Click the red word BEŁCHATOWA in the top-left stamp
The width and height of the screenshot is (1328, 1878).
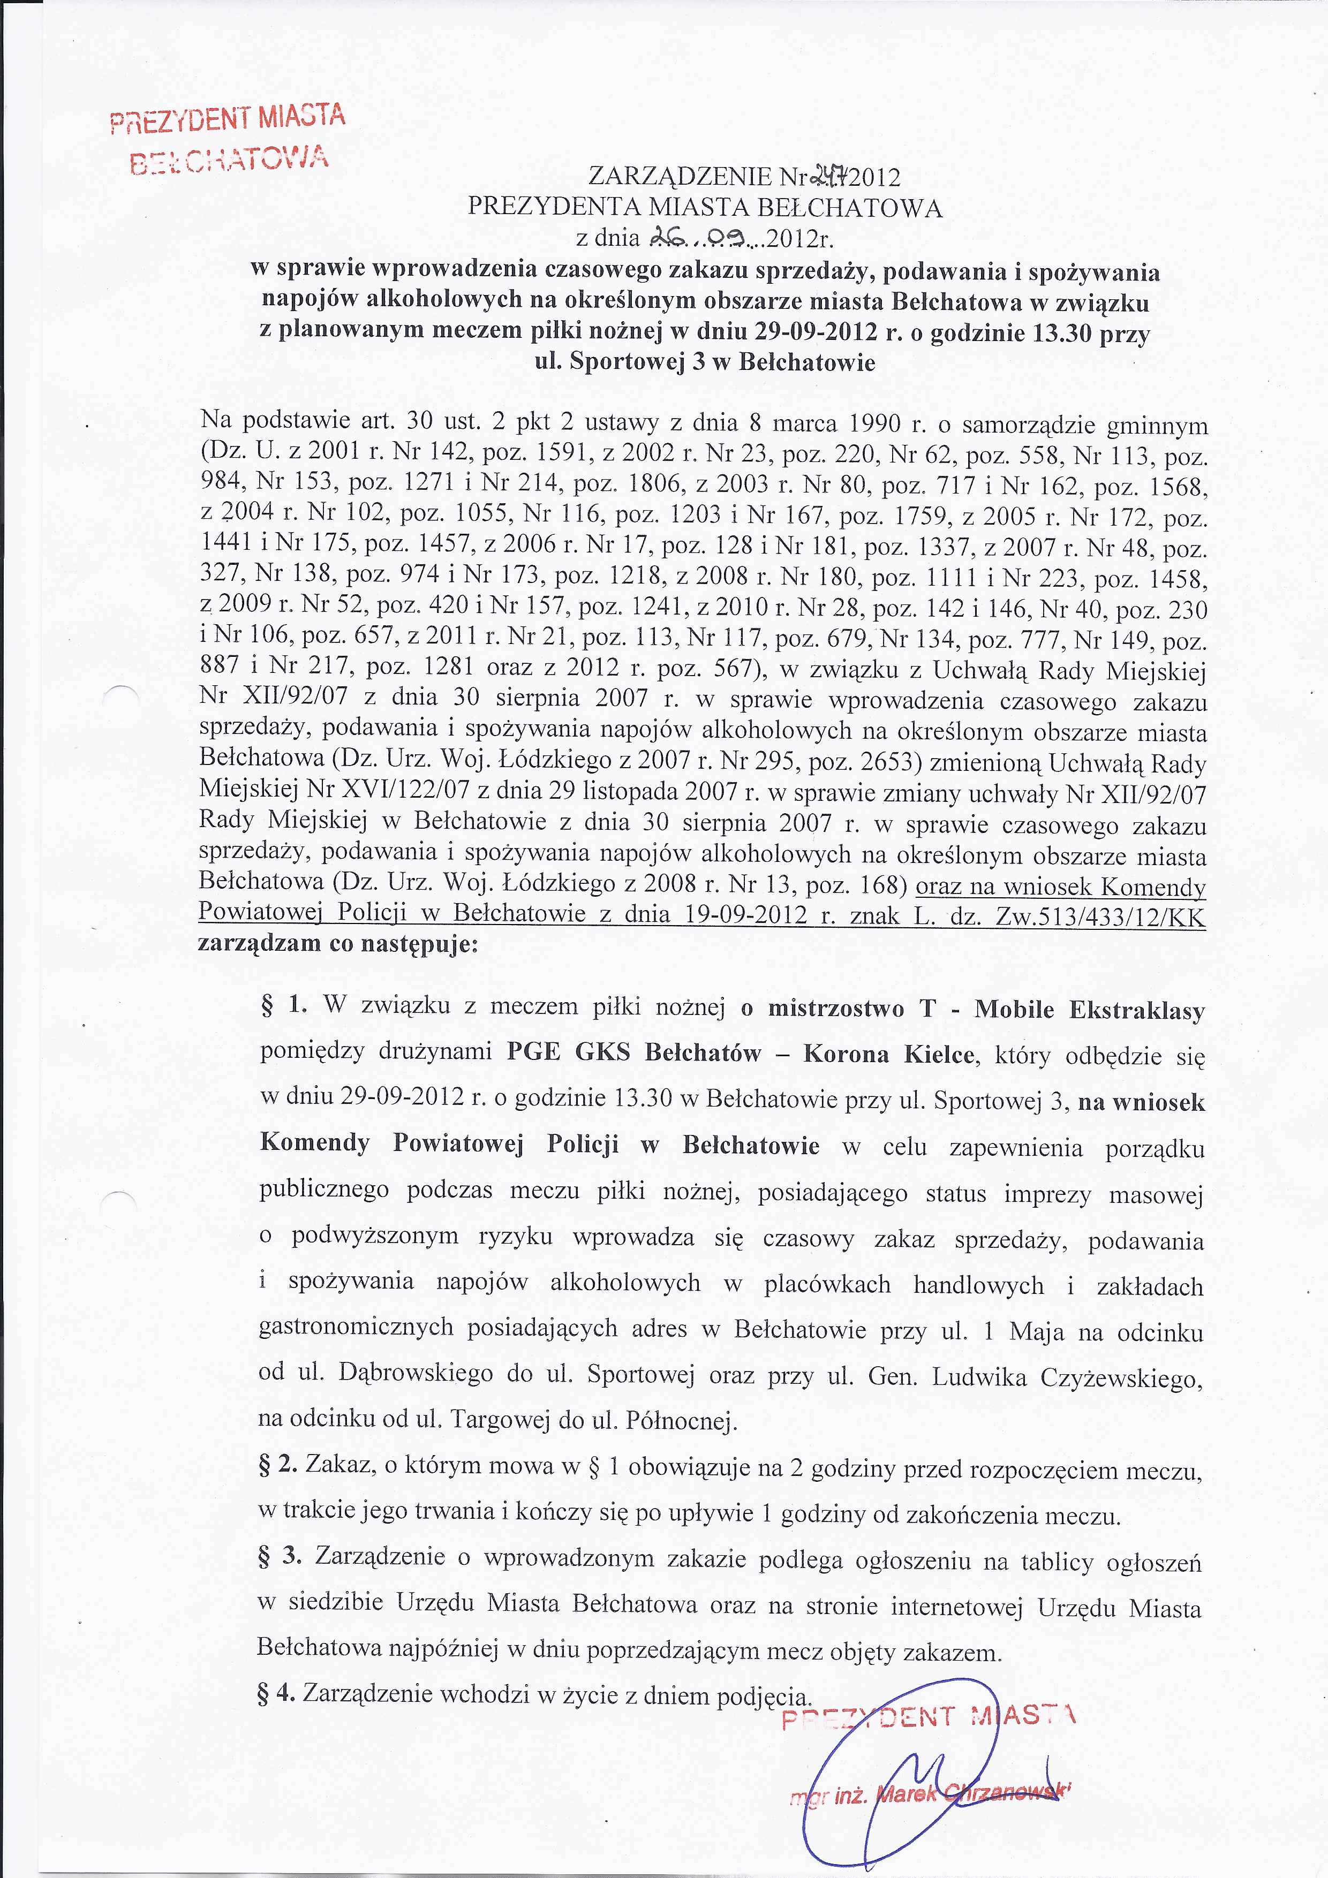[x=230, y=157]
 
